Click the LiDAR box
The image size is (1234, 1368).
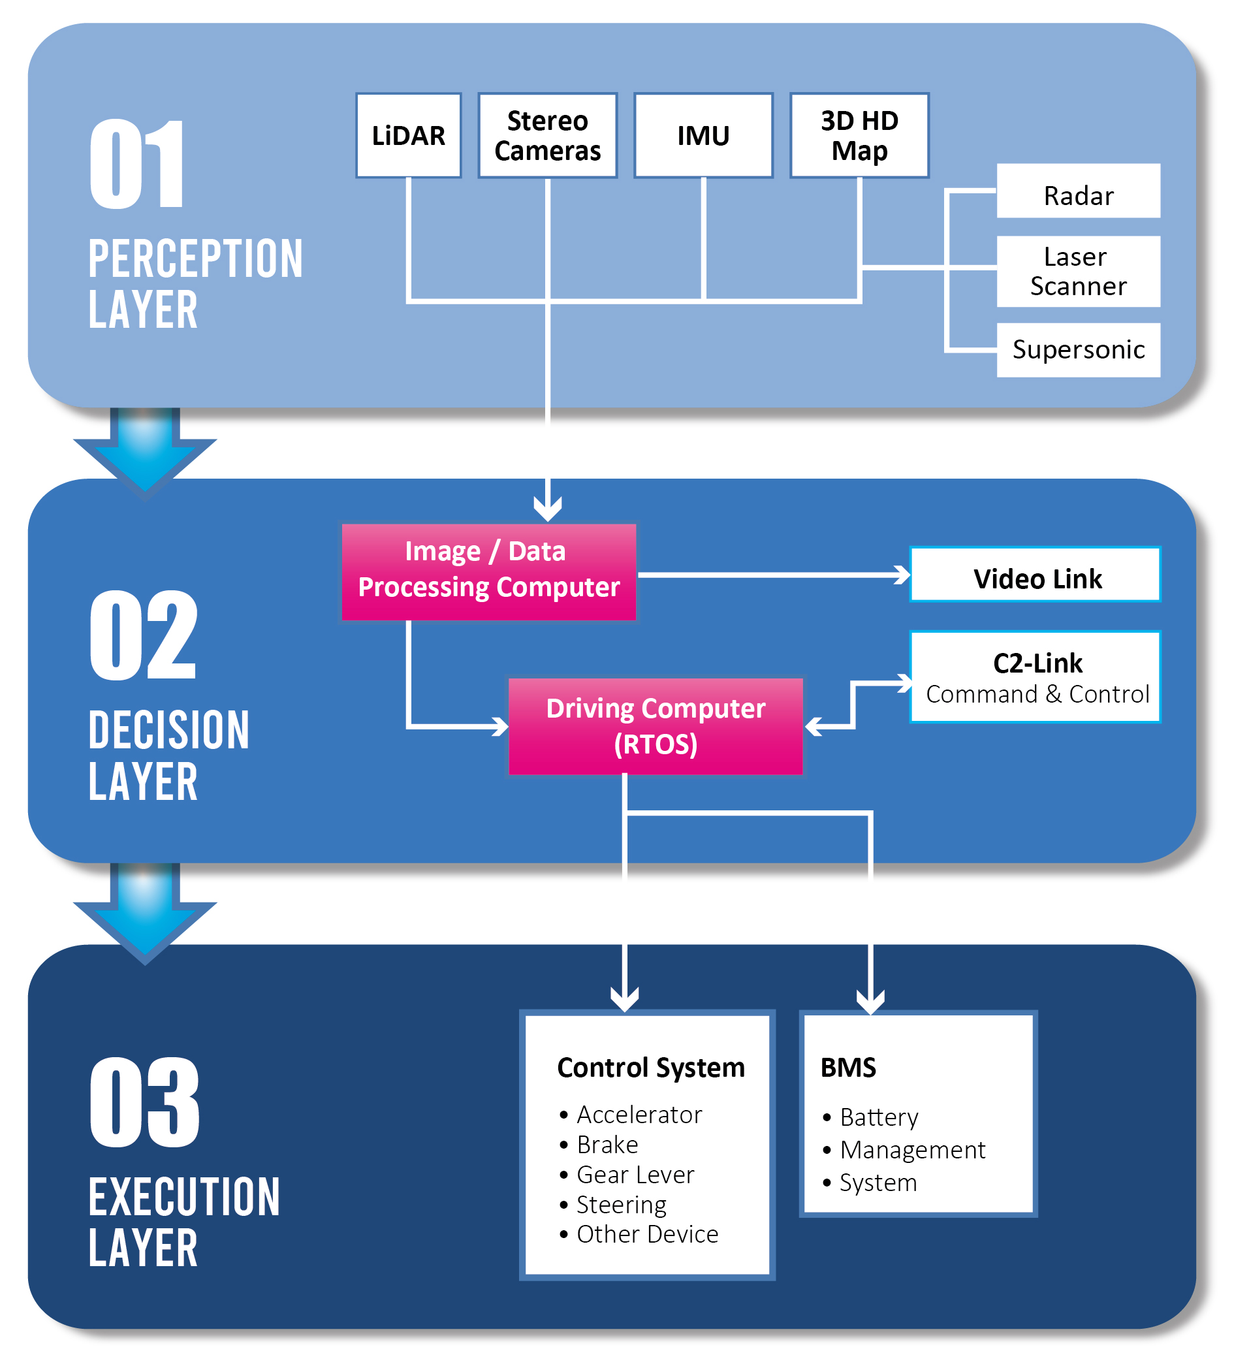click(408, 136)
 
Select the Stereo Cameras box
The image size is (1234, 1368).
click(547, 136)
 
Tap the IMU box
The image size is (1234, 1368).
click(703, 136)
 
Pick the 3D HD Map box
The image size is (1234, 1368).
click(859, 136)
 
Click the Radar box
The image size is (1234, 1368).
click(1078, 195)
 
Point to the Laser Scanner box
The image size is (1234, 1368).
click(1078, 271)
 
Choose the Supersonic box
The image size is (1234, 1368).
click(1078, 349)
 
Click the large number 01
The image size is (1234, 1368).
click(137, 164)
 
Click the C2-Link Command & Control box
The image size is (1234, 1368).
click(1036, 677)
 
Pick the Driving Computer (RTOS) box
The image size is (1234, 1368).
click(655, 725)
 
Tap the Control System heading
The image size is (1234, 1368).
click(650, 1067)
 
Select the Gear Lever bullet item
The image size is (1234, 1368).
click(635, 1174)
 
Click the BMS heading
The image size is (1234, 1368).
click(847, 1067)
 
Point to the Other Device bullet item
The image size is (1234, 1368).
click(646, 1233)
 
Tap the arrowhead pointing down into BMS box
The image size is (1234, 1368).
click(870, 1002)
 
